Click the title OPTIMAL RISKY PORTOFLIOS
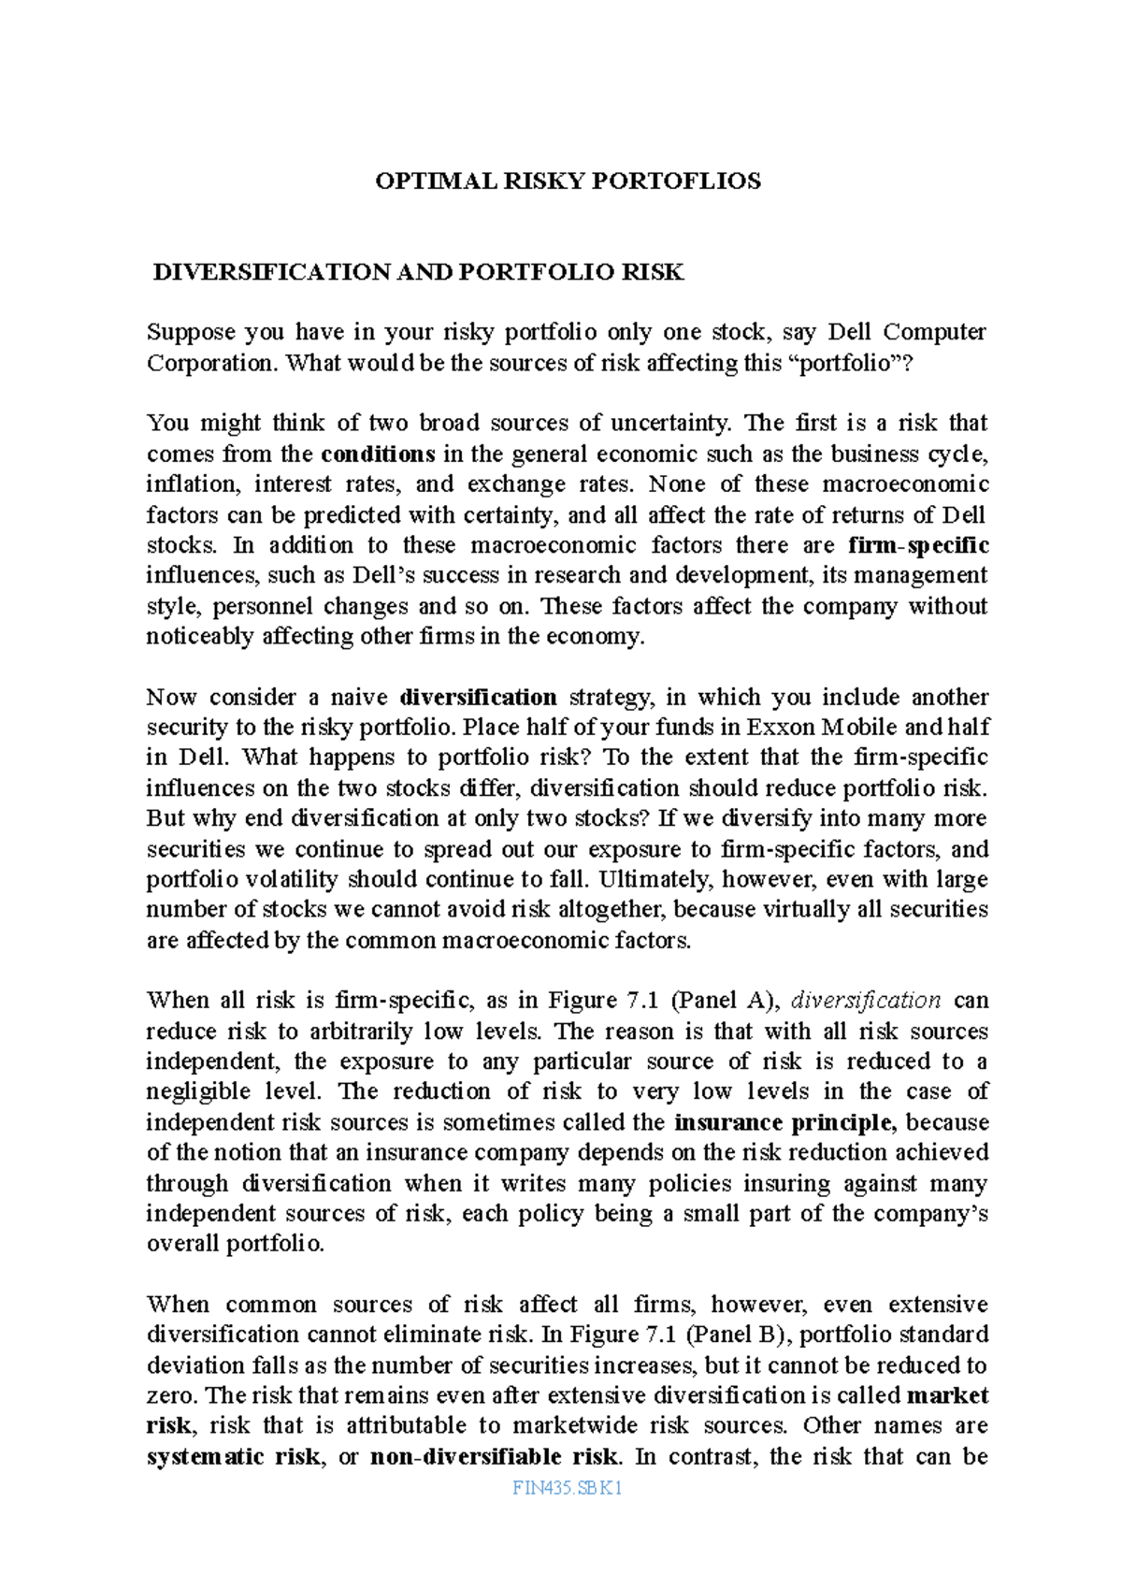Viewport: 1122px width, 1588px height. click(x=568, y=181)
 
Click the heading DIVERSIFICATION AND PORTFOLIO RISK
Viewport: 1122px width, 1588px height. click(x=418, y=273)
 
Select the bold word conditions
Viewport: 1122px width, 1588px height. click(x=378, y=455)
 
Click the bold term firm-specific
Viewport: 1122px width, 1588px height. click(x=918, y=545)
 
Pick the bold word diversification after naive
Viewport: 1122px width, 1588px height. click(x=478, y=698)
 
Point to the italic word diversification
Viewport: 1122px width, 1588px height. click(x=866, y=1001)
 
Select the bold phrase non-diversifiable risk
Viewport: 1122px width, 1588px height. click(x=495, y=1457)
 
